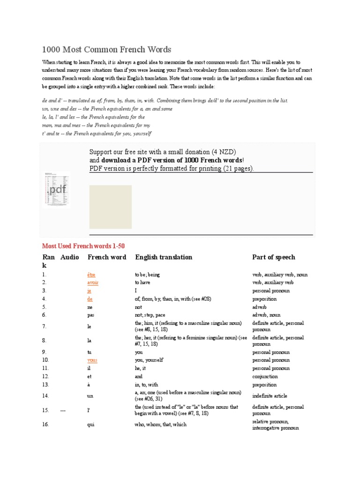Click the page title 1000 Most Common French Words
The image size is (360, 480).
tap(106, 49)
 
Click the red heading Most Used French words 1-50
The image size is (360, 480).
tap(83, 246)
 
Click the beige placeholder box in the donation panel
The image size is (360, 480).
tap(111, 207)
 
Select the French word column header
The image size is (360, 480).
tap(107, 257)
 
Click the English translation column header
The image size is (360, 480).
tap(164, 257)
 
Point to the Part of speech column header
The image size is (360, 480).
tap(274, 257)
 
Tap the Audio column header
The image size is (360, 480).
tap(70, 257)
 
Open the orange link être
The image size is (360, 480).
tap(91, 275)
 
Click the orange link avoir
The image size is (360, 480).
tap(93, 283)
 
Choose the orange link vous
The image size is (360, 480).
tap(92, 360)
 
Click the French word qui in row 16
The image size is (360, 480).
tap(91, 424)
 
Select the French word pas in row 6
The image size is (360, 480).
tap(91, 315)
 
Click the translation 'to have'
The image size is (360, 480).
tap(145, 283)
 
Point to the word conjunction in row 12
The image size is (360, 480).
tap(265, 376)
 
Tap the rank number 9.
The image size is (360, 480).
tap(45, 352)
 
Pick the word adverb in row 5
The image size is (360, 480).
tap(260, 307)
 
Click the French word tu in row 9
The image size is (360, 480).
tap(90, 352)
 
